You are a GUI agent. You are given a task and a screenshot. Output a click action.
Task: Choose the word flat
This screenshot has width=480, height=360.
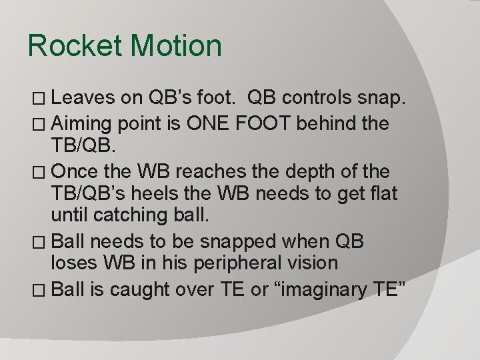tap(379, 194)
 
